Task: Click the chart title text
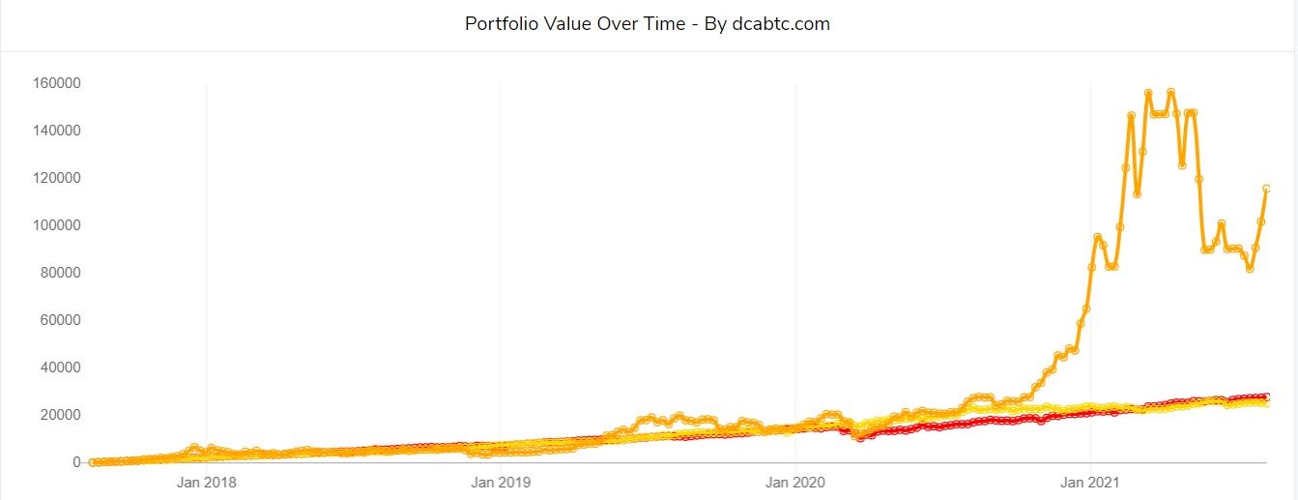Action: click(648, 24)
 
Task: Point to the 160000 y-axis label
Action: click(55, 83)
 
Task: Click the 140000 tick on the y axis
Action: click(55, 131)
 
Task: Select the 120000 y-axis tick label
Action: click(55, 178)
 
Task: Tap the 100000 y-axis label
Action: click(55, 225)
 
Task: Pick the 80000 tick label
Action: click(59, 273)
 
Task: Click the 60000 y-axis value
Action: click(59, 320)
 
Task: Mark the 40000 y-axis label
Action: click(59, 368)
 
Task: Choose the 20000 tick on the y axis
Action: click(59, 415)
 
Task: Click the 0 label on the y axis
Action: click(75, 462)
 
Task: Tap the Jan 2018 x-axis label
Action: click(206, 481)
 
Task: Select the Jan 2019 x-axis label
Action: click(501, 481)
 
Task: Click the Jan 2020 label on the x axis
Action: click(795, 481)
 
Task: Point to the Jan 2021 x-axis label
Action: click(1090, 481)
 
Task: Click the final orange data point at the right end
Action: click(1266, 189)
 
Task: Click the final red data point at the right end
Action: click(1266, 397)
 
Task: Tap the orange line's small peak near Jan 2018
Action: click(194, 448)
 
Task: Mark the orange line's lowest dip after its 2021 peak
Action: click(1250, 269)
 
